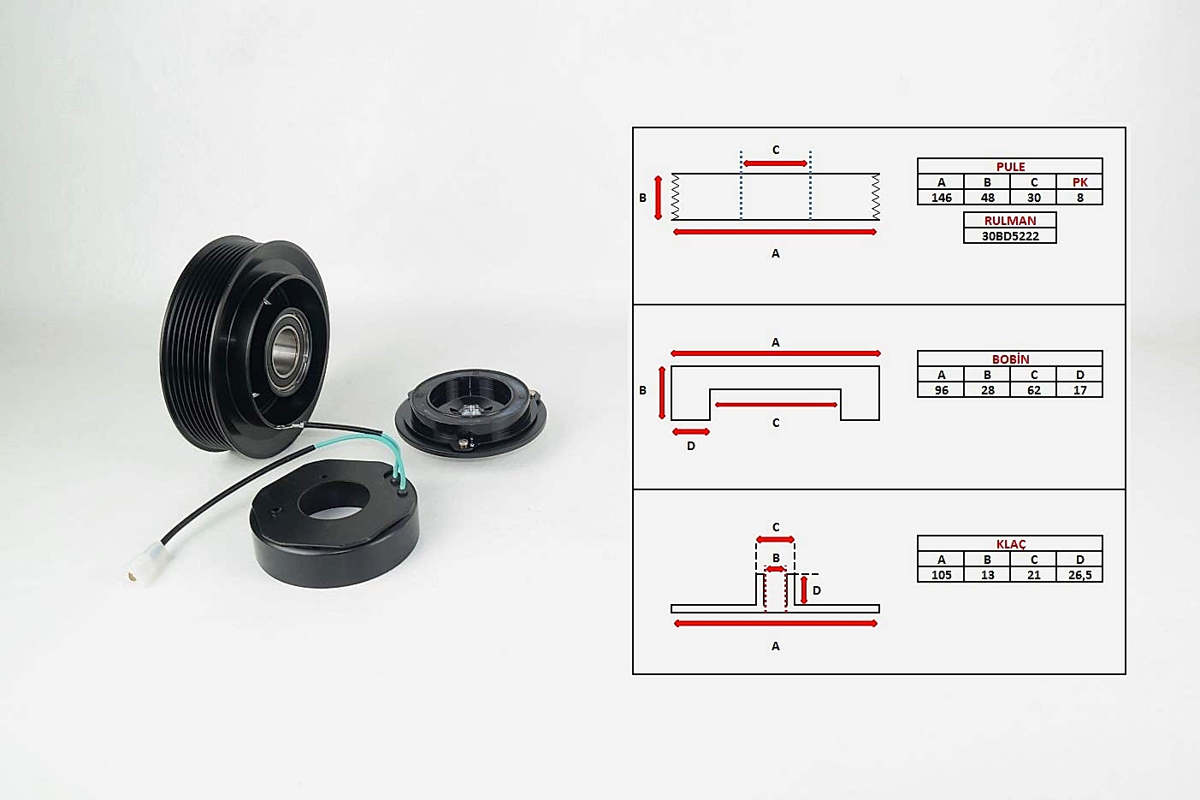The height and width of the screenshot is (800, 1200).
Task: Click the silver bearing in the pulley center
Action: [287, 351]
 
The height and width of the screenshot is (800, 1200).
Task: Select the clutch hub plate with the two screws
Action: [471, 412]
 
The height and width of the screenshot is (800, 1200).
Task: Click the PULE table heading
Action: [1010, 167]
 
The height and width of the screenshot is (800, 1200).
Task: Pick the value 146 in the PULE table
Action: [941, 198]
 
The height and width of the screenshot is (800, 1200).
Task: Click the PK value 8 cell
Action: [1080, 198]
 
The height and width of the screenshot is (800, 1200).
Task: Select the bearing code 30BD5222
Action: [1010, 236]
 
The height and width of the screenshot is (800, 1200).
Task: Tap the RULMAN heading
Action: [1010, 221]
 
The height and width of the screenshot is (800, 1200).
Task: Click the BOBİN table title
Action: [1010, 359]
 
